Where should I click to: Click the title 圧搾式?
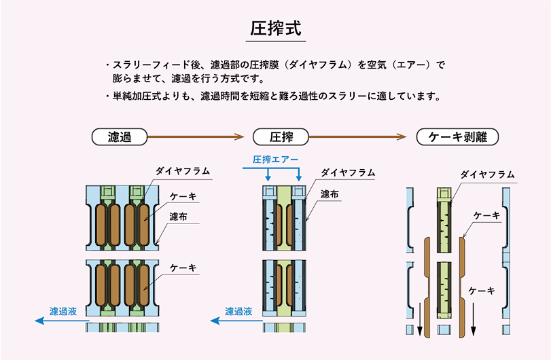[x=276, y=29]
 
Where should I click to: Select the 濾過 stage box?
[x=120, y=137]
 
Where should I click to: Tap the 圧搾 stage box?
[x=281, y=137]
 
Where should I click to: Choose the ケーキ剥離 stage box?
[x=457, y=137]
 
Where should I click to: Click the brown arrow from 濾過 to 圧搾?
[x=196, y=137]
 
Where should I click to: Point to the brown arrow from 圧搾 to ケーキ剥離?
[x=358, y=137]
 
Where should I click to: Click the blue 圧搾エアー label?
[x=276, y=160]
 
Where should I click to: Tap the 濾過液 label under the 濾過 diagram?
[x=63, y=311]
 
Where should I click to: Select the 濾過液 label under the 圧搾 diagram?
[x=238, y=311]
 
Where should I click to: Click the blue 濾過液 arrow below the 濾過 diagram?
[x=63, y=321]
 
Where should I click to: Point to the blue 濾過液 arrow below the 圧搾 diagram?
[x=236, y=321]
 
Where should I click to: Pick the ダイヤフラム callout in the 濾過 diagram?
[x=183, y=171]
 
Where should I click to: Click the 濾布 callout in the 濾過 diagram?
[x=179, y=217]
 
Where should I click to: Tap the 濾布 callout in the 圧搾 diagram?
[x=330, y=194]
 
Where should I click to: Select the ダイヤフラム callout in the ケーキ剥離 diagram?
[x=487, y=175]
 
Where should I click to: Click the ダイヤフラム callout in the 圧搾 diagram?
[x=348, y=173]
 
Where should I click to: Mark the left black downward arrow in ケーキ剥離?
[x=419, y=319]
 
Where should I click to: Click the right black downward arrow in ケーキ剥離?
[x=474, y=319]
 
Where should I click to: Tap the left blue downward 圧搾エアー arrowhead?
[x=268, y=178]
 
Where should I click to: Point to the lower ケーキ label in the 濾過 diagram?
[x=183, y=268]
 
